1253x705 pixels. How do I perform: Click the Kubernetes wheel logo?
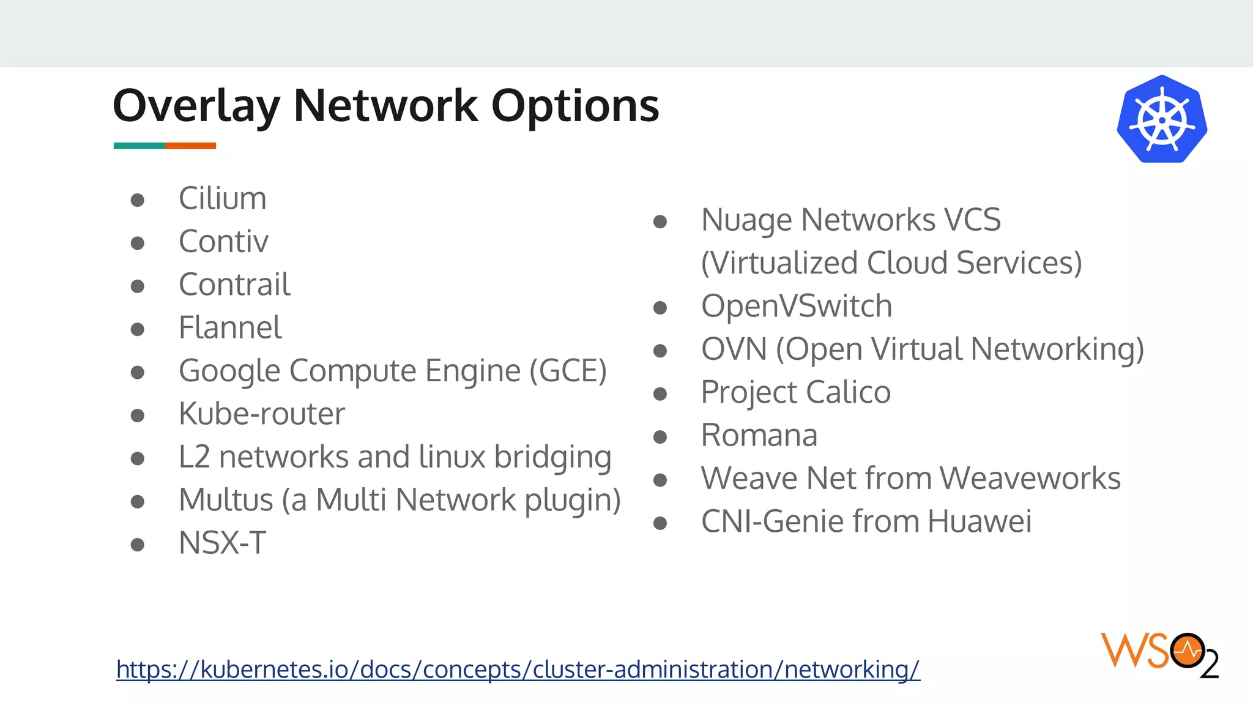pyautogui.click(x=1161, y=119)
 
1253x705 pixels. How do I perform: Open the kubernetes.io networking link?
pyautogui.click(x=518, y=670)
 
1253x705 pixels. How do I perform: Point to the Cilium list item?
pyautogui.click(x=223, y=199)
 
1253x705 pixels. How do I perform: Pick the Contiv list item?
pyautogui.click(x=223, y=242)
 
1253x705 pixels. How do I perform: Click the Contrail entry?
pyautogui.click(x=234, y=285)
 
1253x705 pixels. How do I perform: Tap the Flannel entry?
pyautogui.click(x=230, y=328)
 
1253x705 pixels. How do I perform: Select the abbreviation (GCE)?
pyautogui.click(x=568, y=371)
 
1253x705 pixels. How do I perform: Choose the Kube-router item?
pyautogui.click(x=262, y=414)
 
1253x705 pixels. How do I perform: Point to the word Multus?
pyautogui.click(x=226, y=500)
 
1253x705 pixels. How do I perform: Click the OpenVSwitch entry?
pyautogui.click(x=796, y=306)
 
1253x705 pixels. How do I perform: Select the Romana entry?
pyautogui.click(x=759, y=436)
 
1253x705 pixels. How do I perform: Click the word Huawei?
pyautogui.click(x=979, y=522)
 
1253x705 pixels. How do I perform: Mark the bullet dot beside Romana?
pyautogui.click(x=660, y=437)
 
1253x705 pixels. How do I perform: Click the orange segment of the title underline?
pyautogui.click(x=190, y=146)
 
